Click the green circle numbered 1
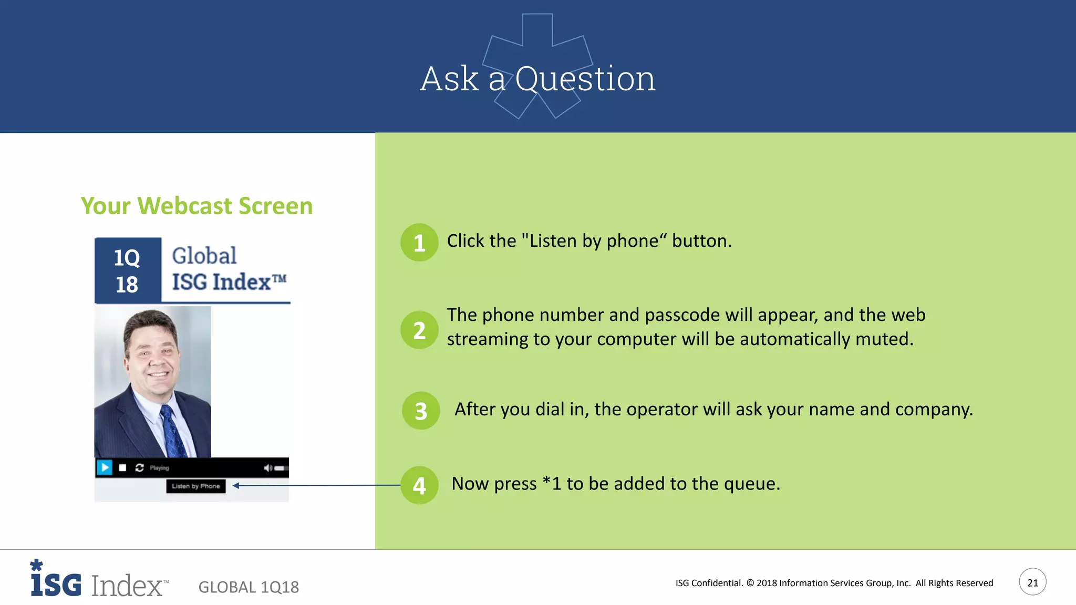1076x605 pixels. click(419, 243)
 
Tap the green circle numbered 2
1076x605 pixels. click(419, 330)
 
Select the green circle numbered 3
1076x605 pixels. click(421, 411)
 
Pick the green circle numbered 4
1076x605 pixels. click(419, 485)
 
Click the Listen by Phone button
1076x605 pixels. click(196, 486)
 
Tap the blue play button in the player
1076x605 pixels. click(105, 467)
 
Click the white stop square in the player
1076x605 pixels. click(122, 467)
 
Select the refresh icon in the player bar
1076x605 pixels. click(139, 467)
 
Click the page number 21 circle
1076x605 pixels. click(1032, 582)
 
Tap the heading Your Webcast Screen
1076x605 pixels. click(196, 206)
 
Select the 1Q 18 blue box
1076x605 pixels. click(127, 270)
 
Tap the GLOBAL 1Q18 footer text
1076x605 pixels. click(249, 587)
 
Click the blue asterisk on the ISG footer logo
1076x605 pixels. click(36, 565)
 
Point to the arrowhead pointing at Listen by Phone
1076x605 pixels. click(236, 486)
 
